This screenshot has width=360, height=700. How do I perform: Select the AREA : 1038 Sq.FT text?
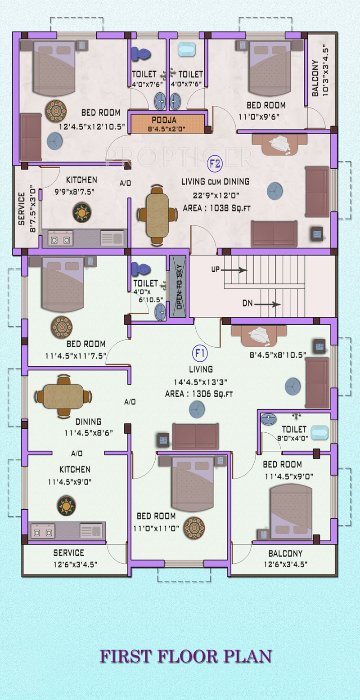click(x=216, y=208)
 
